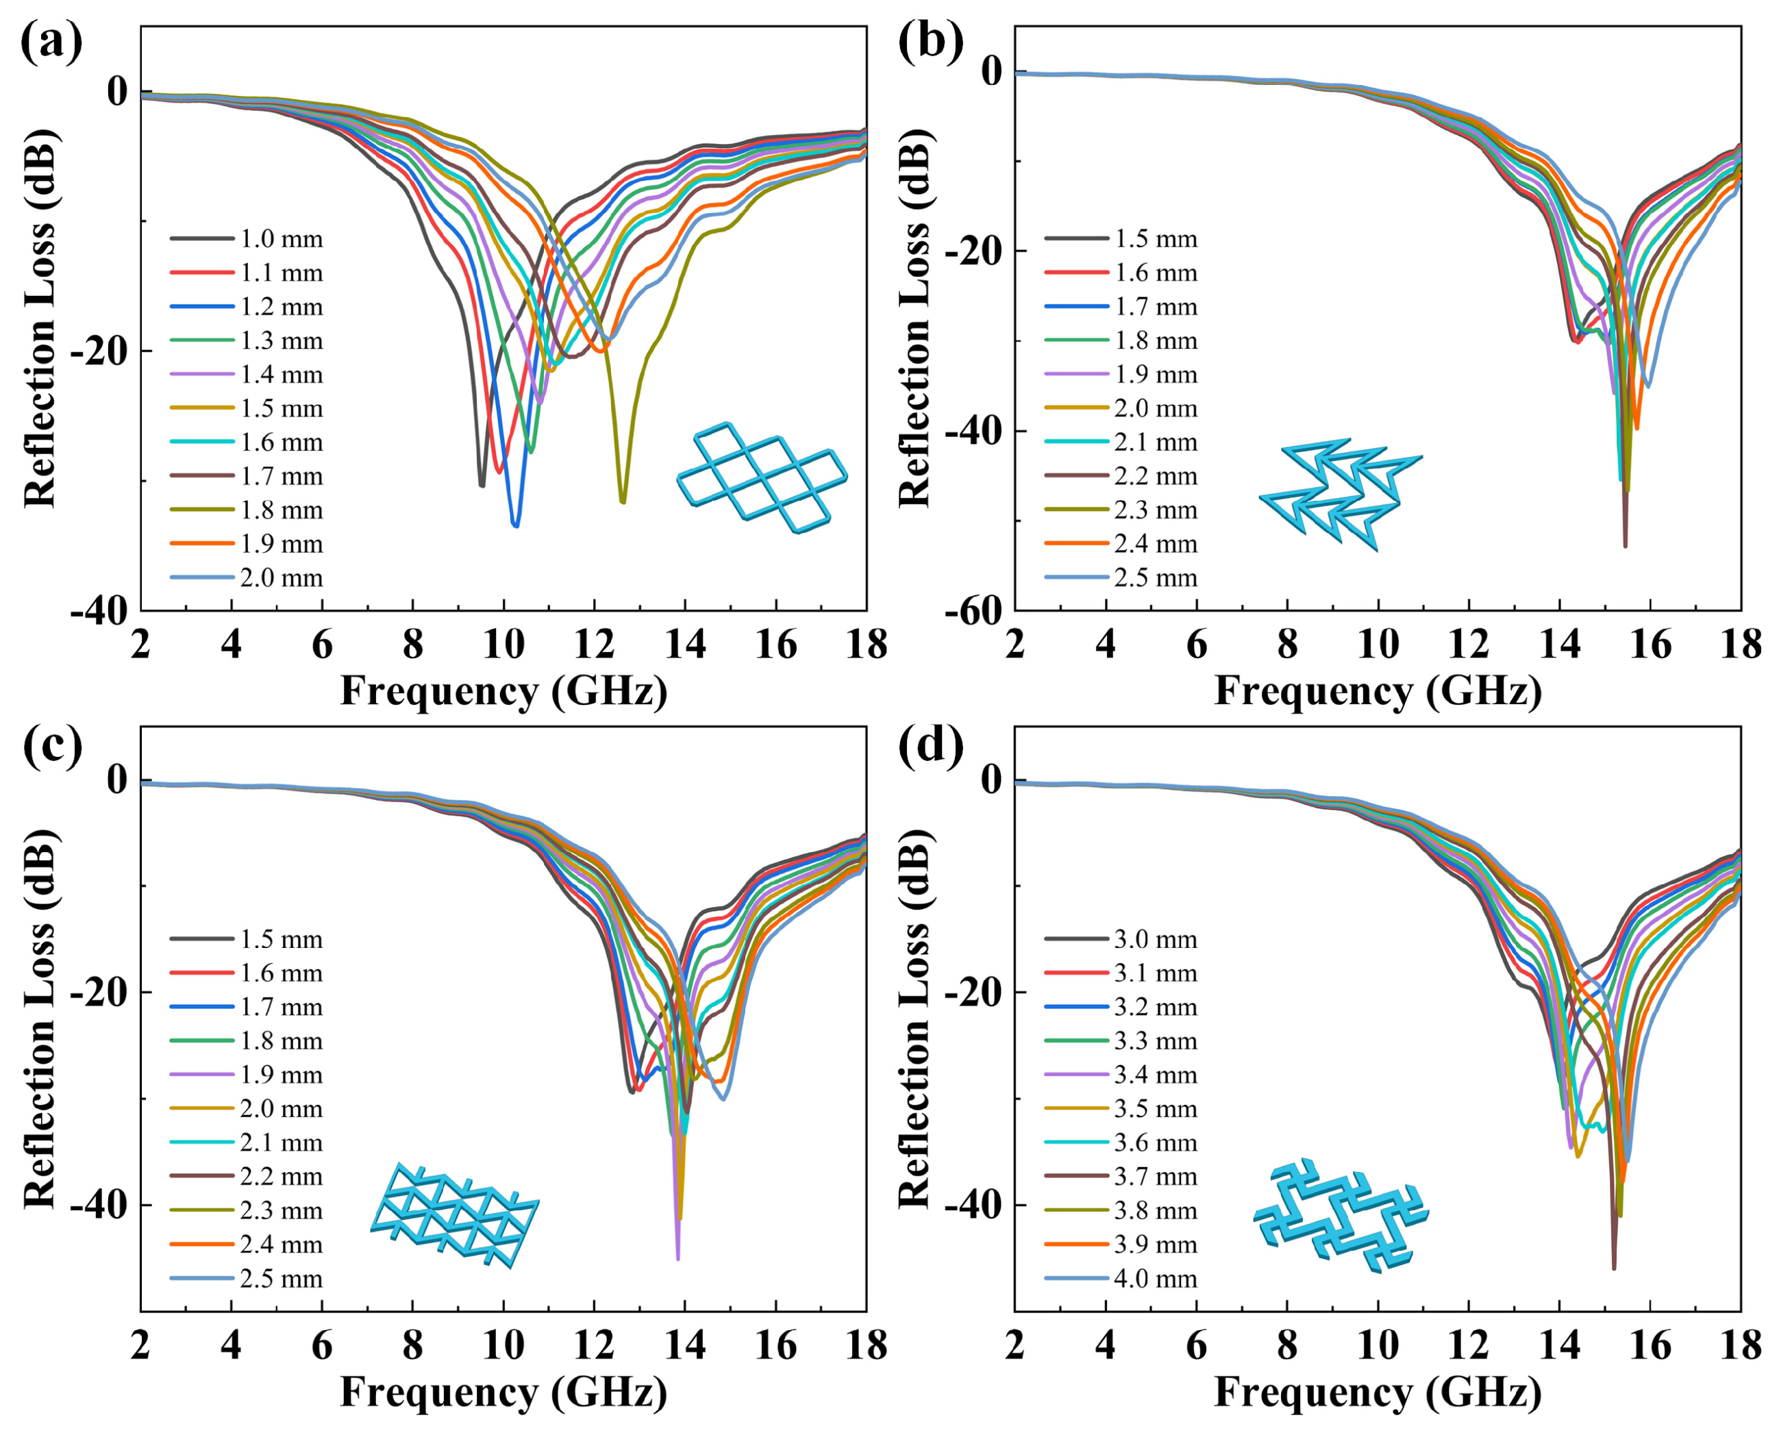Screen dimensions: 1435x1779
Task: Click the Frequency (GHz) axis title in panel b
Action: pos(1378,691)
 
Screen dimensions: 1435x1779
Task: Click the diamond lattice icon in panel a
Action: pos(761,478)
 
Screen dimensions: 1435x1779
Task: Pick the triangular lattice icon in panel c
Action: pos(455,1215)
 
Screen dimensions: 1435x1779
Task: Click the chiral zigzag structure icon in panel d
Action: pos(1340,1215)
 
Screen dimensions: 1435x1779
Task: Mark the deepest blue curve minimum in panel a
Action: pos(516,525)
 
